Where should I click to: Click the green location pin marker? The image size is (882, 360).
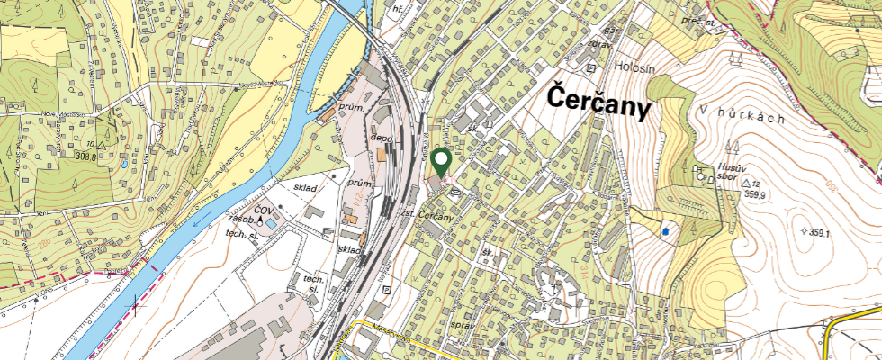(x=441, y=162)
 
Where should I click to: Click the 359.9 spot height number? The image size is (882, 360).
(x=753, y=194)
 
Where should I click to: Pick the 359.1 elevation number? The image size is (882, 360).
(x=817, y=232)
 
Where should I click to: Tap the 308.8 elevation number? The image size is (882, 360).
(x=85, y=156)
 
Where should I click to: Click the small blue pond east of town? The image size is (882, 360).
(x=664, y=231)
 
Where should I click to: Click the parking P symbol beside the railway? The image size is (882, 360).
(x=386, y=290)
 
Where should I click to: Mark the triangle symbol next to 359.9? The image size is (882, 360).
(x=745, y=183)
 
